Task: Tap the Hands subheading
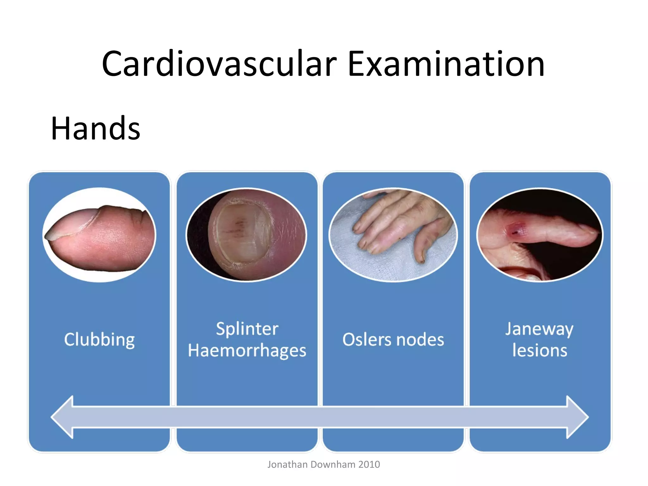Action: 95,128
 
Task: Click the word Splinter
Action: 247,329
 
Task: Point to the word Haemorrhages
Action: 247,351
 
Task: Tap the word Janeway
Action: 539,329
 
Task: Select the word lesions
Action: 539,351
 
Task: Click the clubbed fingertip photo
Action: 99,235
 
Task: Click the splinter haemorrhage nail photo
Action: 246,235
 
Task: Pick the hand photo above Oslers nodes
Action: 393,235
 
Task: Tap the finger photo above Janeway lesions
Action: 539,235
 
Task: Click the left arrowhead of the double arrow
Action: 63,417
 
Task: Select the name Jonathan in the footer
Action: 287,464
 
